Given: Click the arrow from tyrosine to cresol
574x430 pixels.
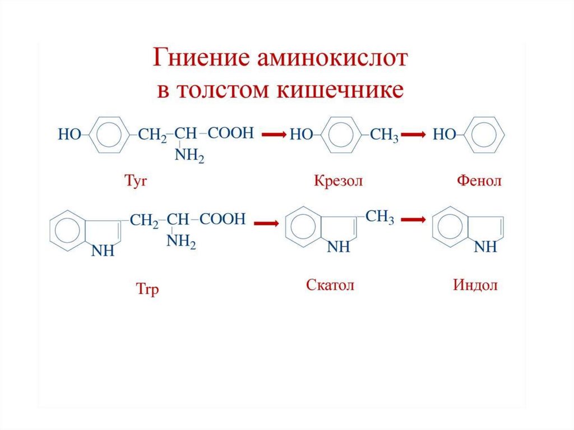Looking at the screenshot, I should (x=275, y=135).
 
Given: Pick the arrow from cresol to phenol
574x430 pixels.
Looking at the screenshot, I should (x=416, y=135).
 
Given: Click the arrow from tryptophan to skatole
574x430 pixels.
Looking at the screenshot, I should (x=267, y=223).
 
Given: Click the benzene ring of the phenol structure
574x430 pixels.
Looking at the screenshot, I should (x=485, y=135).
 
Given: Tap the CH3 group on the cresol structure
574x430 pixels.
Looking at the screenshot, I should (x=385, y=135).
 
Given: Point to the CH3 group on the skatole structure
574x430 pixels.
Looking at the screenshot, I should (x=380, y=217).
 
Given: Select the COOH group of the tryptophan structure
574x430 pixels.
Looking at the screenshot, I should (x=223, y=219).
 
